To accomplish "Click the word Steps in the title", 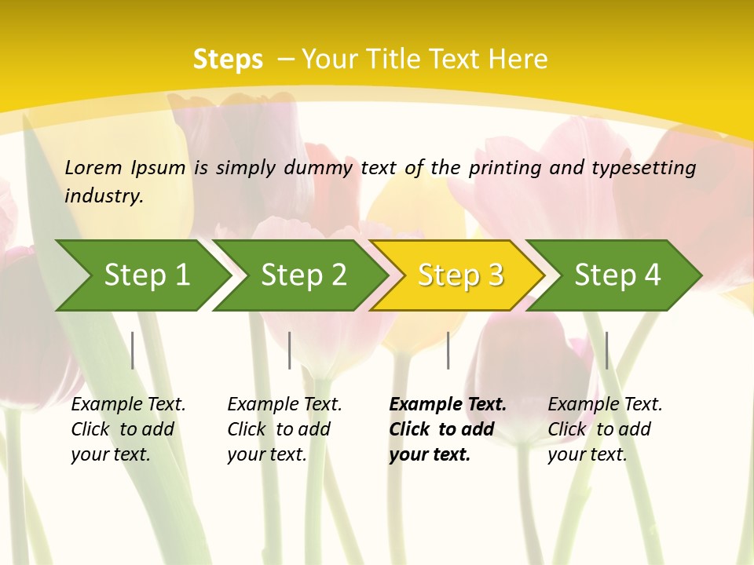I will [x=228, y=60].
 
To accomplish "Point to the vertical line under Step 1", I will [x=133, y=350].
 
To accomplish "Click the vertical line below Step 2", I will [x=290, y=350].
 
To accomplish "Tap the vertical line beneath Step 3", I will [x=448, y=350].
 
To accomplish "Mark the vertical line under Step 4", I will [x=607, y=350].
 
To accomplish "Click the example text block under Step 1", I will [x=128, y=429].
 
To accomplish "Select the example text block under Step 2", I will [x=284, y=429].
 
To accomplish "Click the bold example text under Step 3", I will [x=448, y=429].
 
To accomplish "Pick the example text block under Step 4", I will [x=605, y=429].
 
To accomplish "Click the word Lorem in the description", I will [x=93, y=167].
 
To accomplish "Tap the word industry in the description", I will [x=103, y=195].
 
